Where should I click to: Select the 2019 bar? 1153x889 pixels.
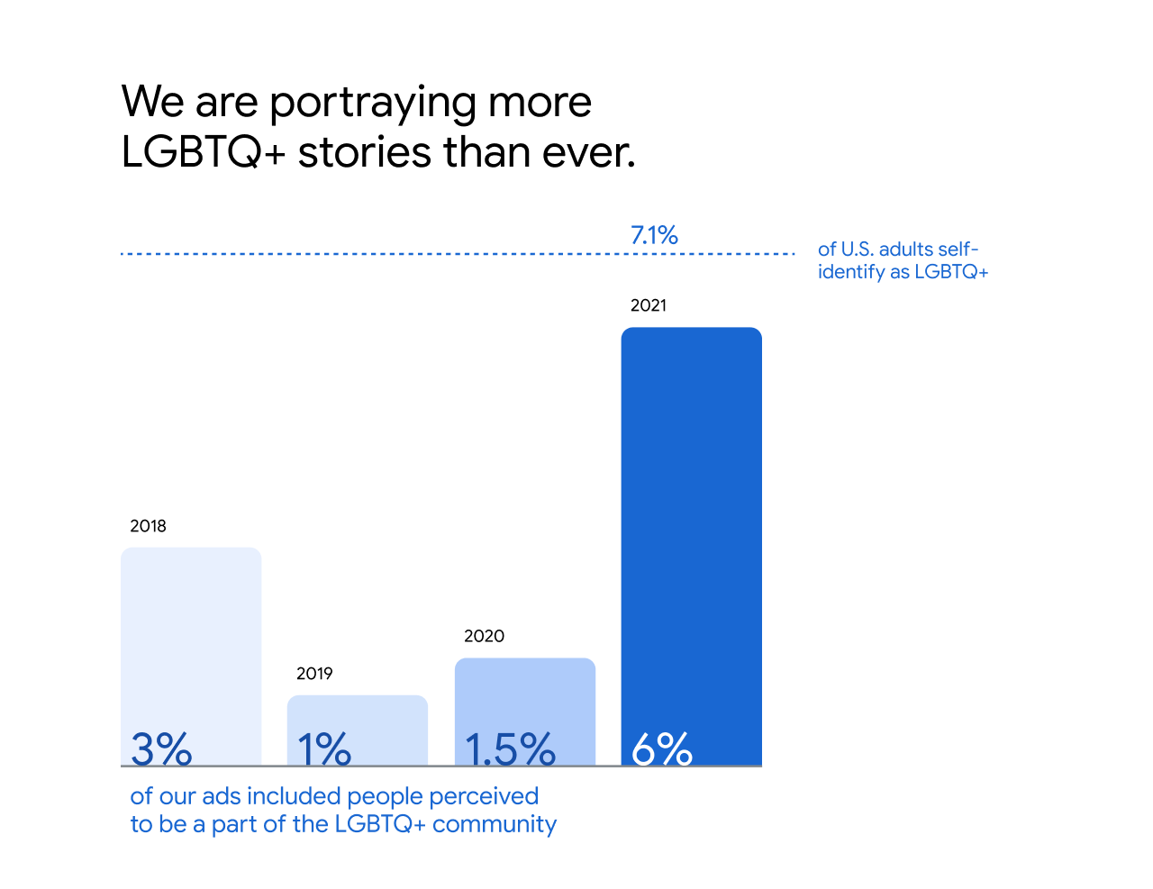(x=358, y=716)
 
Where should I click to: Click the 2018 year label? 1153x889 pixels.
(x=148, y=526)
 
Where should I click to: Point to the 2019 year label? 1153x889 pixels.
(x=314, y=674)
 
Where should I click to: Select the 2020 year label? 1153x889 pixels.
(x=484, y=636)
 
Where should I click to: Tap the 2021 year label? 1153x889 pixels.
(x=649, y=305)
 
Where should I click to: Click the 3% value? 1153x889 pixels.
(x=161, y=748)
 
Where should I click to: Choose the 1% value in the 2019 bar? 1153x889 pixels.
(x=323, y=748)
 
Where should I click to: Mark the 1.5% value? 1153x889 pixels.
(x=510, y=748)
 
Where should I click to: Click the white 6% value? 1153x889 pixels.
(x=662, y=748)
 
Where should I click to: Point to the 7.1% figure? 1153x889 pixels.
(x=654, y=235)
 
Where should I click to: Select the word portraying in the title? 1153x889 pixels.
(x=372, y=103)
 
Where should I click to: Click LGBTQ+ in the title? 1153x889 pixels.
(x=204, y=152)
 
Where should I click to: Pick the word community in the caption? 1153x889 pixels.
(x=495, y=824)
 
